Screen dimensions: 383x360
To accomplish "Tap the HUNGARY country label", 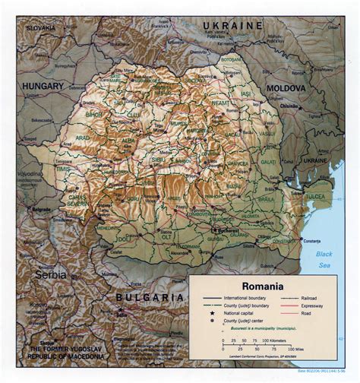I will point(43,87).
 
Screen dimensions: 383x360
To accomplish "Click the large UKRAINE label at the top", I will point(232,26).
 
